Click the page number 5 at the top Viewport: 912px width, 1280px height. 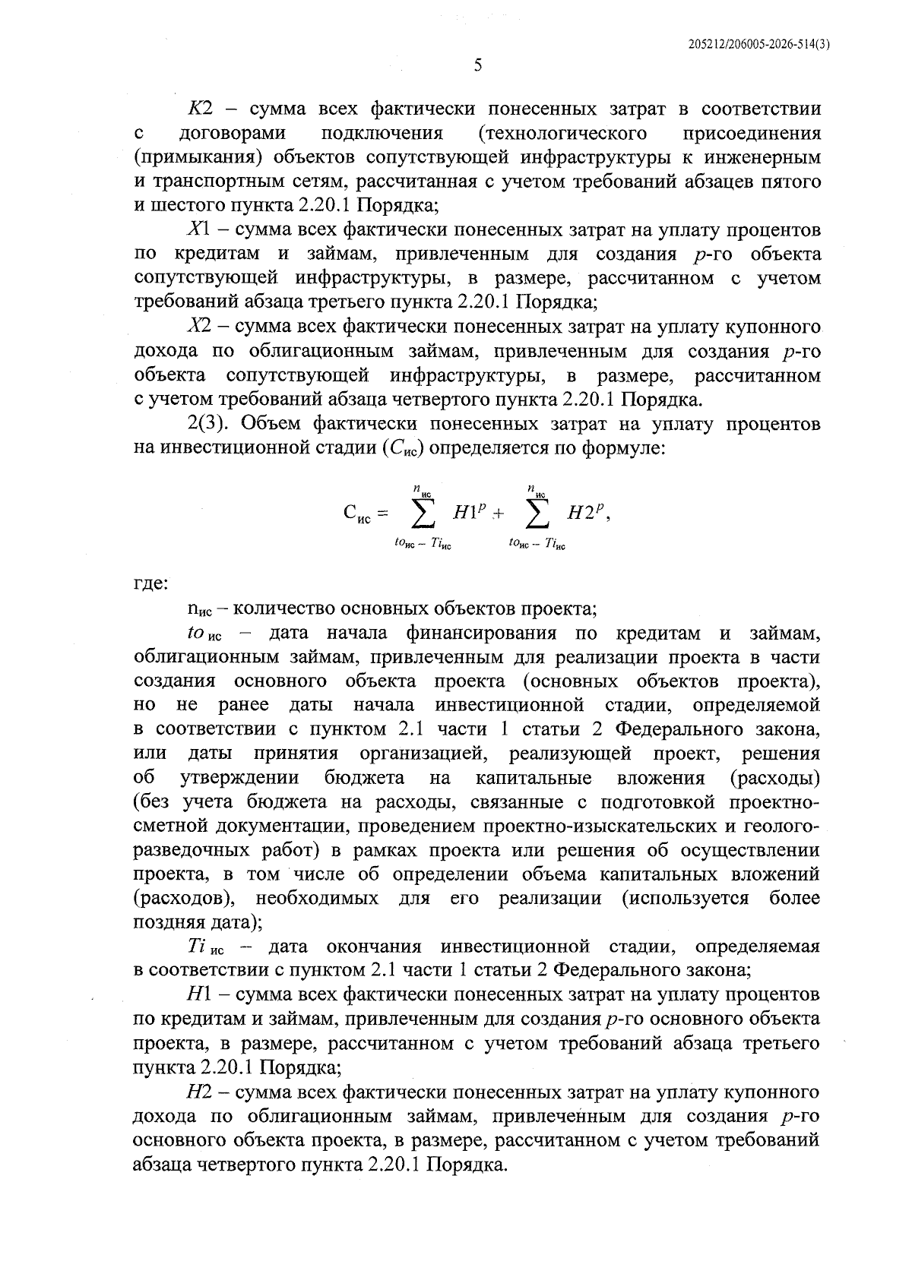pos(477,66)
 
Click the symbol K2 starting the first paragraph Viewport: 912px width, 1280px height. pos(201,109)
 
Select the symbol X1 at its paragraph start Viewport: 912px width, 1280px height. pos(200,229)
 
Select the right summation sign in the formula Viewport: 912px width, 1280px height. pos(537,514)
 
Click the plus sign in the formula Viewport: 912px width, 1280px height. pos(499,514)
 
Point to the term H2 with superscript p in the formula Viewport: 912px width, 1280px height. pos(587,512)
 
